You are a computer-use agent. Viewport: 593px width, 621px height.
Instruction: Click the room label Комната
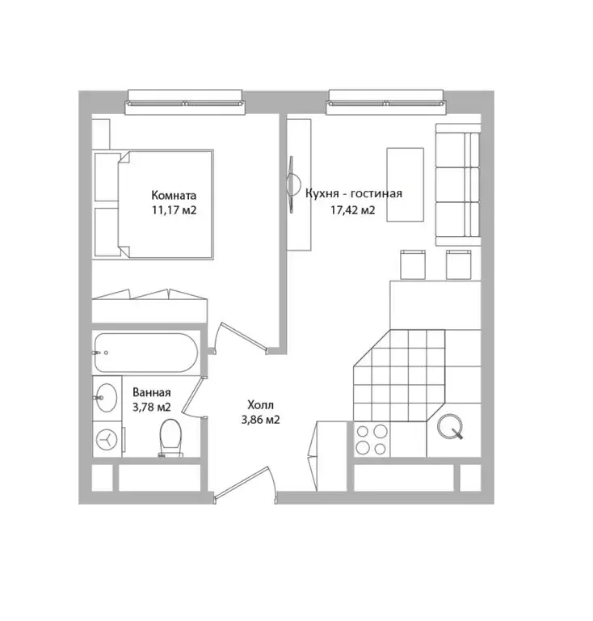point(174,195)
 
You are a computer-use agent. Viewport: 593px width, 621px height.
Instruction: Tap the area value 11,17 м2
point(174,210)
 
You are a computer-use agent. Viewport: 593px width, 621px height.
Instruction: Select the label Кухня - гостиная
point(354,193)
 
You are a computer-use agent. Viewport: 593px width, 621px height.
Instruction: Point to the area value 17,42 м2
point(353,209)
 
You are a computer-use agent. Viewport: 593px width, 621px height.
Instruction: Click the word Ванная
point(152,392)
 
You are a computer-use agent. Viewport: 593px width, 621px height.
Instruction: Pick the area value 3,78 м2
point(152,407)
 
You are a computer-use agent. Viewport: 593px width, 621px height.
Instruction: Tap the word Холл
point(260,405)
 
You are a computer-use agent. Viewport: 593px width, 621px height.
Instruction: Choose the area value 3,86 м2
point(260,420)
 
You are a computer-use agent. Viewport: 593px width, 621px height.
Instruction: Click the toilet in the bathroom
point(170,437)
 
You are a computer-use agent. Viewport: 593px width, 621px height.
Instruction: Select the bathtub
point(146,353)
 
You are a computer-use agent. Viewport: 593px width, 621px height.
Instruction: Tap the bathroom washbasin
point(107,397)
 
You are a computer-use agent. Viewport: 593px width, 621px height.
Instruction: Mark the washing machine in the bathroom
point(107,440)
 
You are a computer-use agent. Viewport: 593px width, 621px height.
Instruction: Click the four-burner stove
point(372,439)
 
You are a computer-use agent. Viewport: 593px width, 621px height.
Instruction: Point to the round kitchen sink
point(450,427)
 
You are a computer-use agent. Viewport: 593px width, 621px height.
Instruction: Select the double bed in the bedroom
point(153,205)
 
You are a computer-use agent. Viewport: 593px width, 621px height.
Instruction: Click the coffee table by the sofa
point(405,184)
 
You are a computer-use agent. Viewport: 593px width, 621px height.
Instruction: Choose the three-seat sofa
point(458,184)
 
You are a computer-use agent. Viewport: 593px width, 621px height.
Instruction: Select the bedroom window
point(185,102)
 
